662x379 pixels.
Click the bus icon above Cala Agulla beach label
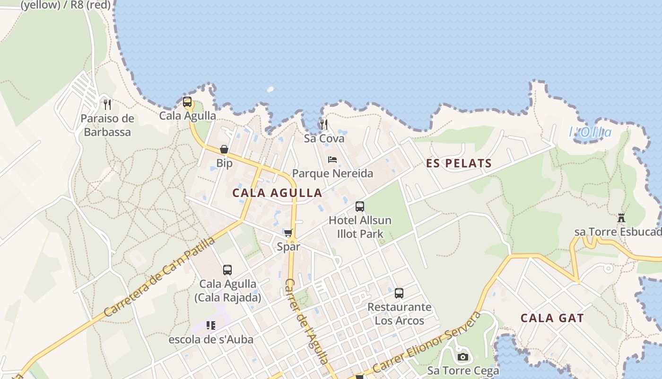pyautogui.click(x=187, y=102)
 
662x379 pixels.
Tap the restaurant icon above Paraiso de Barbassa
pyautogui.click(x=107, y=104)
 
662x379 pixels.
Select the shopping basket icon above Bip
pyautogui.click(x=224, y=150)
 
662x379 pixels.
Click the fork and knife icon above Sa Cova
pyautogui.click(x=324, y=125)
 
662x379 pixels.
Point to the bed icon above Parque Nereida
pyautogui.click(x=332, y=160)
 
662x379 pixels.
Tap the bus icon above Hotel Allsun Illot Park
pyautogui.click(x=360, y=207)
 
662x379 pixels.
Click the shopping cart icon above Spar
pyautogui.click(x=288, y=233)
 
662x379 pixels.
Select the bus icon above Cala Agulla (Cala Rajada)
pyautogui.click(x=227, y=270)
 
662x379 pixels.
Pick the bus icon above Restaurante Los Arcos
pyautogui.click(x=399, y=293)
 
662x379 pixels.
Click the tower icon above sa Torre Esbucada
pyautogui.click(x=621, y=218)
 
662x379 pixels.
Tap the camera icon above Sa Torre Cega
pyautogui.click(x=463, y=357)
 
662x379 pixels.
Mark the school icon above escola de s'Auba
pyautogui.click(x=211, y=325)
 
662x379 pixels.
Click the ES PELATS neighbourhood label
pyautogui.click(x=459, y=163)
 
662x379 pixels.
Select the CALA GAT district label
pyautogui.click(x=552, y=318)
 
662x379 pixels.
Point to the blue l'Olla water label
pyautogui.click(x=590, y=132)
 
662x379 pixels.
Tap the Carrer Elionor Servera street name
pyautogui.click(x=427, y=342)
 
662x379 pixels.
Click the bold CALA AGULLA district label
pyautogui.click(x=277, y=193)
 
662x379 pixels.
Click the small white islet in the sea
pyautogui.click(x=270, y=89)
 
